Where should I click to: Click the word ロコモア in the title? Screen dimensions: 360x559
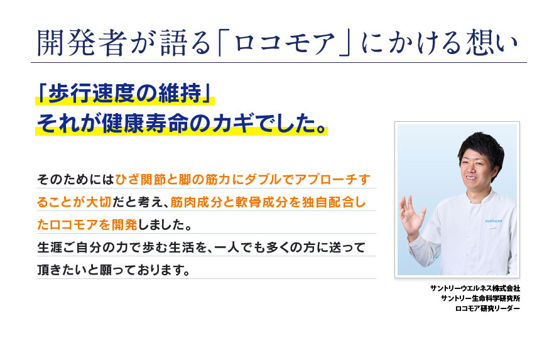click(290, 42)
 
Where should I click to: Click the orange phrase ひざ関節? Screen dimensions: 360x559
click(141, 180)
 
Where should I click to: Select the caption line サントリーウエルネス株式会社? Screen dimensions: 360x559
click(475, 288)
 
